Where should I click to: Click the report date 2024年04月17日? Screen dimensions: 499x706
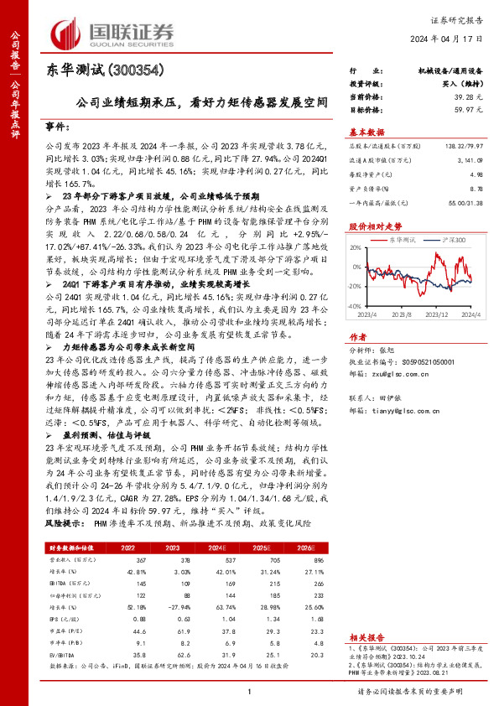click(x=453, y=39)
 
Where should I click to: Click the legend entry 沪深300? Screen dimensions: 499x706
click(x=453, y=241)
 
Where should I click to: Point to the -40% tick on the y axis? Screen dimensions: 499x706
click(x=355, y=308)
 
